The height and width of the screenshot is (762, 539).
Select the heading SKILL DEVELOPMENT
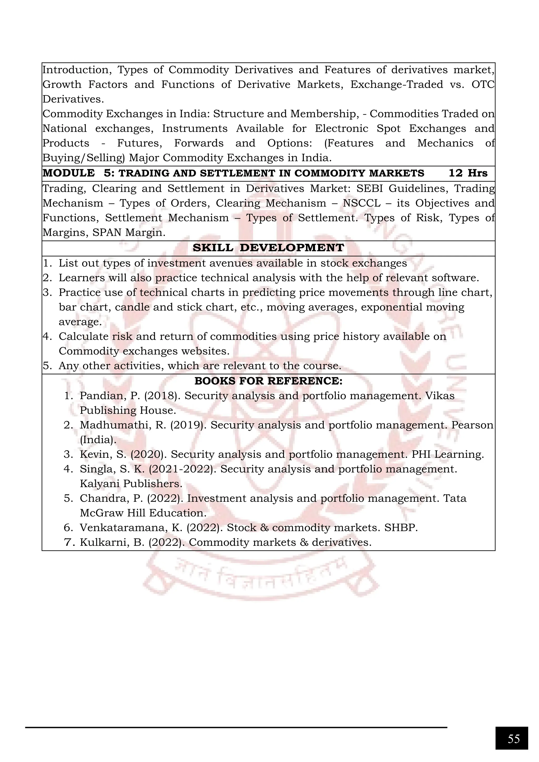[x=268, y=248]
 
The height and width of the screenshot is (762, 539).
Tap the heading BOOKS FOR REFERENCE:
[x=268, y=381]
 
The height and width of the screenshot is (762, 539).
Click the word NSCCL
[x=361, y=203]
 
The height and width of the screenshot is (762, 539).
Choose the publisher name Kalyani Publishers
[x=131, y=484]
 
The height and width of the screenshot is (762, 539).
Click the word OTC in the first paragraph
[x=483, y=85]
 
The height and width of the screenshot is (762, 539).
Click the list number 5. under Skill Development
[x=47, y=366]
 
